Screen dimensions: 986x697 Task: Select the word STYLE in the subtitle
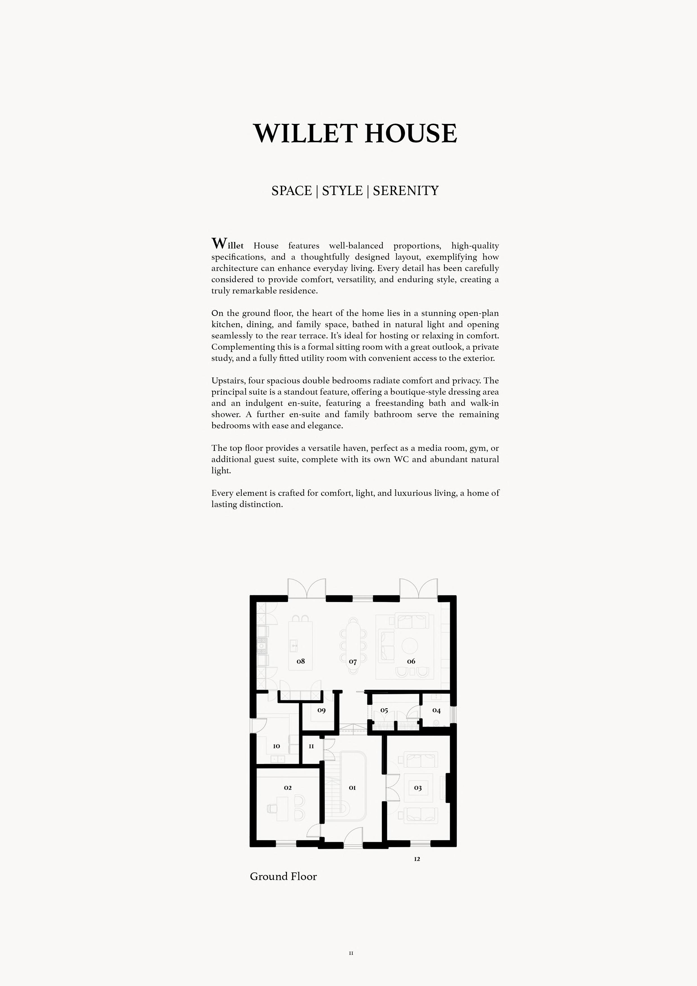(x=342, y=191)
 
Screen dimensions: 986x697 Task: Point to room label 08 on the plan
(x=301, y=661)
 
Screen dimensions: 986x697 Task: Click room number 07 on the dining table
(x=353, y=662)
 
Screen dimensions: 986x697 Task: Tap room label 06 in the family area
(x=411, y=661)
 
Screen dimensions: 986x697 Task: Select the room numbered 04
(x=436, y=710)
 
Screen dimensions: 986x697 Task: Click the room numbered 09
(x=321, y=710)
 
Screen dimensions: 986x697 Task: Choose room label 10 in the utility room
(x=277, y=746)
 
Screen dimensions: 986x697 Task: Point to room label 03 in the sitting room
(x=418, y=788)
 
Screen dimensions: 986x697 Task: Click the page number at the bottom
(x=351, y=953)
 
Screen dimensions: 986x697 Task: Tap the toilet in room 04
(x=436, y=723)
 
